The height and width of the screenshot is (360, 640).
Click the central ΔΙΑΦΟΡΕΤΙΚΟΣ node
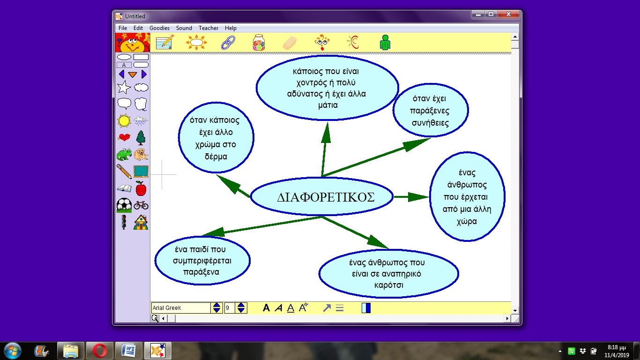click(x=322, y=197)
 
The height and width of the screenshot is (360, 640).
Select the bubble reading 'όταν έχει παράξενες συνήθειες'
click(x=430, y=110)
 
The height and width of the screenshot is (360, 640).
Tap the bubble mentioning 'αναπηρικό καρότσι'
click(x=388, y=274)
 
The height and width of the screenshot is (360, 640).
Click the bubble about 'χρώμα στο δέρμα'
click(x=216, y=138)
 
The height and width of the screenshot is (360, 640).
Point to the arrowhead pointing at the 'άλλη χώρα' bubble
click(x=418, y=197)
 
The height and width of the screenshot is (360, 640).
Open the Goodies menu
click(x=159, y=28)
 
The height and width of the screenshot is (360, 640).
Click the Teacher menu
click(x=208, y=28)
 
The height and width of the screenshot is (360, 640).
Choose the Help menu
click(x=231, y=28)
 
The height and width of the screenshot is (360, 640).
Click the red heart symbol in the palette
click(x=124, y=137)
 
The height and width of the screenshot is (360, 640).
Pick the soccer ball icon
click(x=124, y=205)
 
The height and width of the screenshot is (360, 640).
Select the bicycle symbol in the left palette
click(x=141, y=205)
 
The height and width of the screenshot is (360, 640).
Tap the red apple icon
click(x=141, y=188)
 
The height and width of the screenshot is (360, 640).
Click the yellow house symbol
click(x=141, y=222)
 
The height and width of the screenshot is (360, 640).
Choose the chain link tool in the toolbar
click(x=228, y=43)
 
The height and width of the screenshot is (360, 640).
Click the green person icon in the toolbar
click(x=385, y=42)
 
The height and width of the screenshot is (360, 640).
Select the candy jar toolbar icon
click(x=259, y=42)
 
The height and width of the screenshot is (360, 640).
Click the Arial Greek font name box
click(x=181, y=307)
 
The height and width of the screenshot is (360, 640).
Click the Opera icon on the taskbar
click(x=100, y=351)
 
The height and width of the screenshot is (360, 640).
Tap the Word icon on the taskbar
click(x=128, y=351)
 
